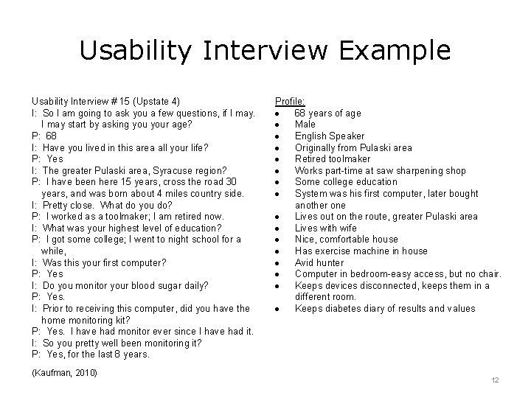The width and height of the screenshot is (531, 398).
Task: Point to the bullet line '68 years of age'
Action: click(x=327, y=113)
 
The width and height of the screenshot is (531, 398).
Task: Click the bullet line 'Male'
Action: click(x=305, y=125)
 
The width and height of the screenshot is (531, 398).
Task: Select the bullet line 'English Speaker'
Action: click(x=330, y=136)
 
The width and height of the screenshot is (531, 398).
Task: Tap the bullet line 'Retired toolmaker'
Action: click(x=333, y=158)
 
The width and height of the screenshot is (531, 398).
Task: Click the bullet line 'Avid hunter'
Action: click(x=320, y=262)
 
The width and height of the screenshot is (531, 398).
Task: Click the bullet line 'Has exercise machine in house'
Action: click(x=361, y=251)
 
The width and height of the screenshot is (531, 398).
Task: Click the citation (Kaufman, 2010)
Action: click(x=65, y=372)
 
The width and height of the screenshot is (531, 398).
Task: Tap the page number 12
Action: click(x=495, y=380)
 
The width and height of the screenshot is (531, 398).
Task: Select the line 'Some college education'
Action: click(x=346, y=182)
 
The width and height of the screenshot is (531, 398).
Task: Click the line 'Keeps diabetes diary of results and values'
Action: click(x=385, y=308)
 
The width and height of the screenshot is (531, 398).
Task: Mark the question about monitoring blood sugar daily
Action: click(x=109, y=285)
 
